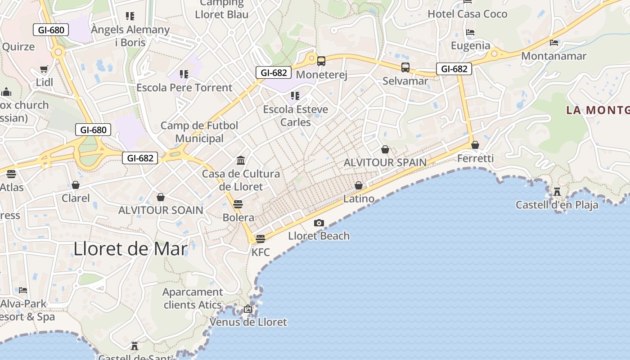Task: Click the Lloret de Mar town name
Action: [130, 248]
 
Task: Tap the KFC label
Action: [261, 252]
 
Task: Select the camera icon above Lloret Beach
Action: [319, 223]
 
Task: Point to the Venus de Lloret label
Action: [248, 322]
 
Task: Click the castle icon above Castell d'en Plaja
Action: [557, 192]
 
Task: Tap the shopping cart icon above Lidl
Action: [44, 69]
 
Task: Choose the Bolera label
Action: [238, 218]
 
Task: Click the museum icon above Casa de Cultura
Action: [241, 160]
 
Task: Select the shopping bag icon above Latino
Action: [359, 185]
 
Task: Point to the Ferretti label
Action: [475, 158]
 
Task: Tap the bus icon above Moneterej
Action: [321, 61]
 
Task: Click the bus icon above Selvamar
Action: [405, 67]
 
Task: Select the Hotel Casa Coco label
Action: [467, 14]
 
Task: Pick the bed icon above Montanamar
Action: [554, 43]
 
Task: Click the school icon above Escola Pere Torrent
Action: [184, 74]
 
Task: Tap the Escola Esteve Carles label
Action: [296, 116]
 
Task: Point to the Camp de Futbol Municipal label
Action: [199, 132]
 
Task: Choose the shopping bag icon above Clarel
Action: [76, 185]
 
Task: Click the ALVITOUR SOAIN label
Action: [161, 210]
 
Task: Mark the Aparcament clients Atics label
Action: [193, 298]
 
